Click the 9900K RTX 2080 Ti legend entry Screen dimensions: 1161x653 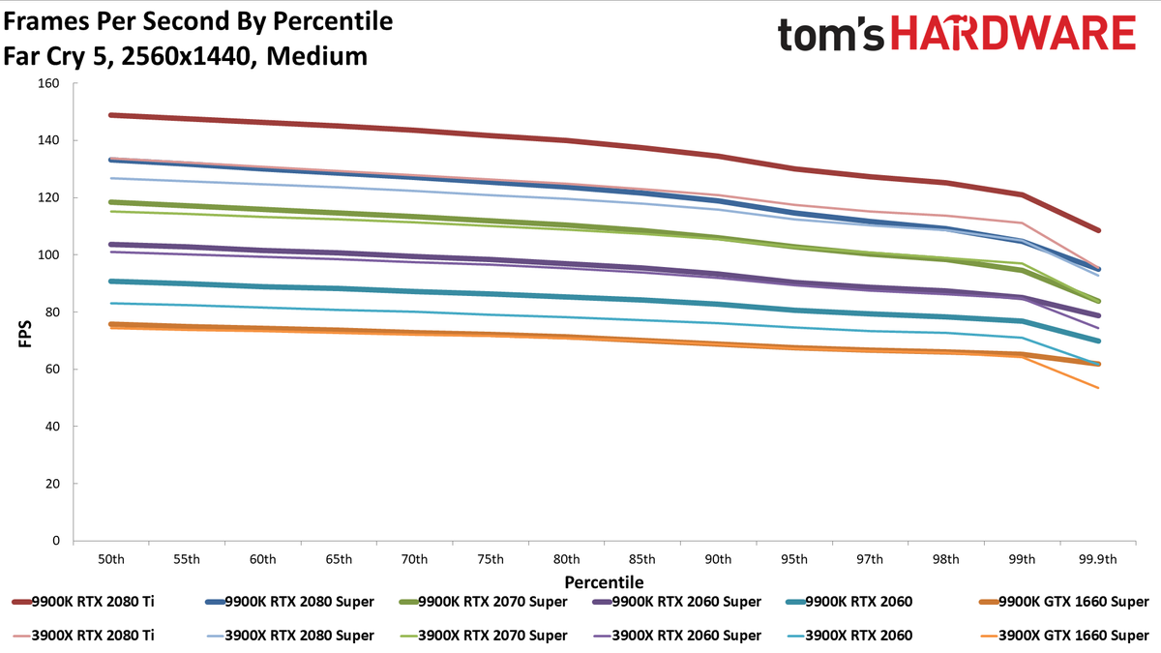(x=83, y=602)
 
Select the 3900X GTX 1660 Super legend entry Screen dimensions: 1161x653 (x=1064, y=636)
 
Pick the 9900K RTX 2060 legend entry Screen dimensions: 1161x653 (x=849, y=602)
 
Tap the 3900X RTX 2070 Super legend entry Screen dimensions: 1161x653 (x=483, y=636)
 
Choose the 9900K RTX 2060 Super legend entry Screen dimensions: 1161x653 (x=676, y=602)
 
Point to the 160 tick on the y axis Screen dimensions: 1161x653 (x=48, y=83)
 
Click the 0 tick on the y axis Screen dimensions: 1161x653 (x=56, y=541)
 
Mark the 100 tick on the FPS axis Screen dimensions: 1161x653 (x=48, y=255)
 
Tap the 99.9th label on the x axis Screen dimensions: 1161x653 (x=1098, y=559)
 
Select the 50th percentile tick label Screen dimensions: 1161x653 (x=111, y=559)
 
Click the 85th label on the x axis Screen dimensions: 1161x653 (x=641, y=559)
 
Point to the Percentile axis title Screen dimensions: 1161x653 (x=604, y=582)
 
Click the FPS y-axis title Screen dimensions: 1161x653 (x=25, y=334)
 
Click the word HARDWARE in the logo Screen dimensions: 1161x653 (x=1013, y=33)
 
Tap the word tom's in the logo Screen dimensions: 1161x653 (x=830, y=35)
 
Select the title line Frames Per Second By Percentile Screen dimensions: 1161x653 (x=198, y=21)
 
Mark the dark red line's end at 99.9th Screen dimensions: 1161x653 (x=1098, y=230)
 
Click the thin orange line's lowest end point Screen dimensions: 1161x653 (x=1098, y=388)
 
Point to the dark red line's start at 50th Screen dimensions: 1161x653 (x=111, y=115)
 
